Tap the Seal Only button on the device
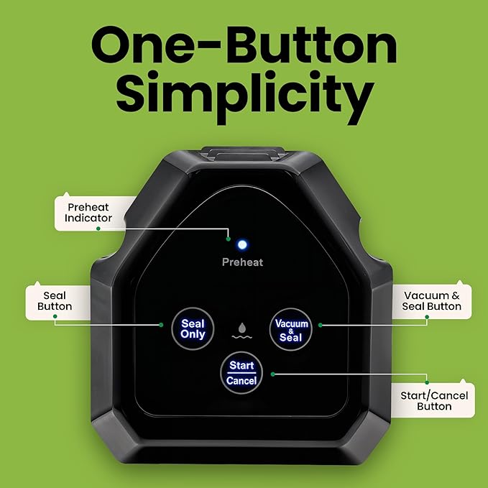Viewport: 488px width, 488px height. point(193,328)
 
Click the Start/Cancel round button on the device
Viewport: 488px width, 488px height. point(241,373)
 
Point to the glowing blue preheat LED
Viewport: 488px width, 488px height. point(242,244)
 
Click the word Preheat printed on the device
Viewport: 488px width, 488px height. point(242,262)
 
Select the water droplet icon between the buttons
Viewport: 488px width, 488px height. point(241,331)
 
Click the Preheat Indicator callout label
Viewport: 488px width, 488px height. point(88,213)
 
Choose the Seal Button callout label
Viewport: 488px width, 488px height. point(55,301)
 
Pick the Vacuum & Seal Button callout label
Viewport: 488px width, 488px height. point(431,300)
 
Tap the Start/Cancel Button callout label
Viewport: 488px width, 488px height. point(434,401)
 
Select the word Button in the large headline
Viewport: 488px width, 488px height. point(311,45)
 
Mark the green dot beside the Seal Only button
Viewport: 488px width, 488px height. point(161,325)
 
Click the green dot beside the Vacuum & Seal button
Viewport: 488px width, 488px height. point(321,326)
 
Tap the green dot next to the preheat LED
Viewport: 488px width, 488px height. point(229,239)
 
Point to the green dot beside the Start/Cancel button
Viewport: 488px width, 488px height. point(273,374)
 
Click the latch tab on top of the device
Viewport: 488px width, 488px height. point(243,154)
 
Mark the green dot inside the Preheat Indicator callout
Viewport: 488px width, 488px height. point(98,229)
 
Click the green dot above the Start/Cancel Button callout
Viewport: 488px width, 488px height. point(427,382)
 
